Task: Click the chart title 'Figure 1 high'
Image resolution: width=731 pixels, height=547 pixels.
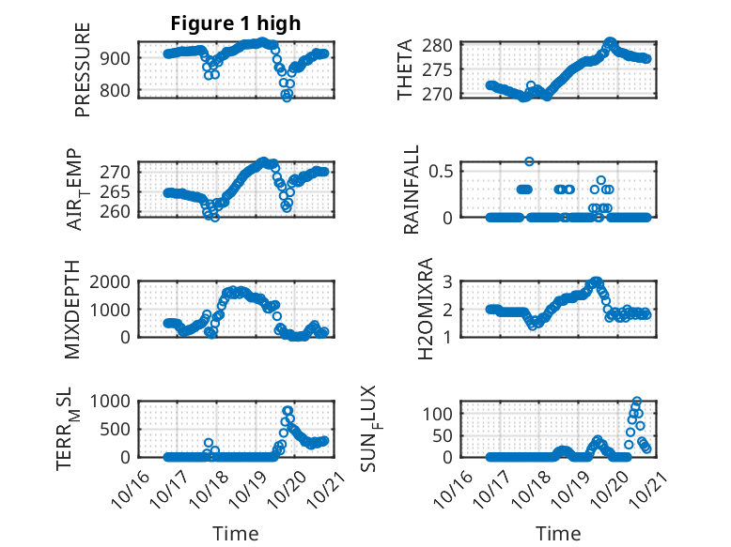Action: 236,23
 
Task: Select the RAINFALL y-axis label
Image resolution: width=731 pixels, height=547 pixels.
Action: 411,191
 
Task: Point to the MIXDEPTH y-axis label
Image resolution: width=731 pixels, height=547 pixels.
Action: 73,311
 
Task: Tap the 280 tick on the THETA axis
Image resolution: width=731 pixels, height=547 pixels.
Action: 444,45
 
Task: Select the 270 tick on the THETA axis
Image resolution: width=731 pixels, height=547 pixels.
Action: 444,94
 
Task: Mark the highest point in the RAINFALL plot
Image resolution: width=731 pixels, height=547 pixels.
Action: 529,161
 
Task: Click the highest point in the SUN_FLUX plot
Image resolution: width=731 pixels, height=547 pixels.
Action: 636,402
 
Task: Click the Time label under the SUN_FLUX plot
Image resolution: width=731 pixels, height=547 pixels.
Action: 558,533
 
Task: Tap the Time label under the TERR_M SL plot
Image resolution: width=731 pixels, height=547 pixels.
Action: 236,533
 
